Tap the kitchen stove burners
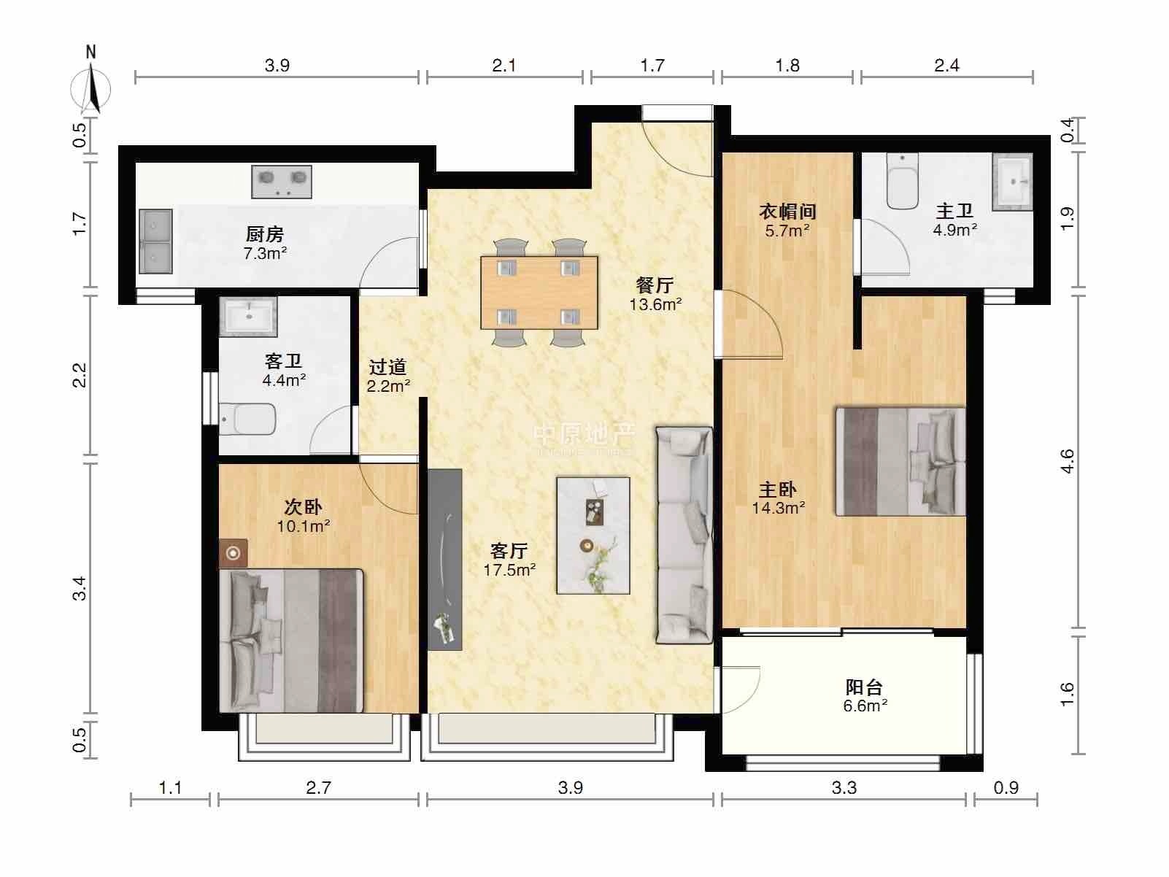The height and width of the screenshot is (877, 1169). click(281, 181)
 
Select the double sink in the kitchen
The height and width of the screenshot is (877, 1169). click(155, 241)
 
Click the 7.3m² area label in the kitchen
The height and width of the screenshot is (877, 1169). click(265, 253)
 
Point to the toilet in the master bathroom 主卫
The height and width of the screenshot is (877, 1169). click(902, 182)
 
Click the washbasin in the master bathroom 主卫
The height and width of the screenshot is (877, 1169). click(1012, 182)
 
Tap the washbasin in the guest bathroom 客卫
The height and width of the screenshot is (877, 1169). click(248, 317)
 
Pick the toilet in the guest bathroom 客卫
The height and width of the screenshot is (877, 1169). click(247, 419)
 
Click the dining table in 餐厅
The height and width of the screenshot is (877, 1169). click(539, 293)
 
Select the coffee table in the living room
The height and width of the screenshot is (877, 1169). click(593, 535)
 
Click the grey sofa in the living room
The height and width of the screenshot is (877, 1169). click(684, 535)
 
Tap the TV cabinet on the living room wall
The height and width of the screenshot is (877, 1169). click(444, 559)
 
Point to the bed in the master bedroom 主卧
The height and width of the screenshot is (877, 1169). click(900, 462)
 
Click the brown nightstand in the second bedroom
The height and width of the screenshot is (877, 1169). click(234, 554)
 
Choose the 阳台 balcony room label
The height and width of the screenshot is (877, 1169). click(864, 687)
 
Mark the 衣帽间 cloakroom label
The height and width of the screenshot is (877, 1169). click(787, 212)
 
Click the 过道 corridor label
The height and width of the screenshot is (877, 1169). click(387, 367)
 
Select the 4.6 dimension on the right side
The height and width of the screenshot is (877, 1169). click(1068, 461)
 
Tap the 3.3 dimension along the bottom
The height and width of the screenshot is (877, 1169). click(844, 787)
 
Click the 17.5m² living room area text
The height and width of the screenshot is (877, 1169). click(509, 571)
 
